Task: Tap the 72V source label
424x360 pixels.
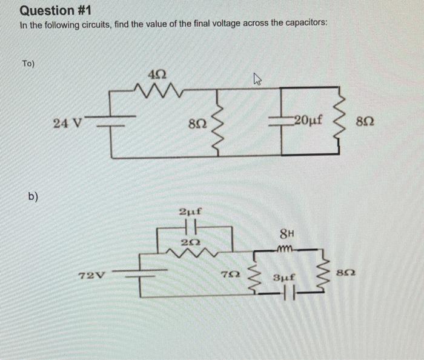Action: pos(92,275)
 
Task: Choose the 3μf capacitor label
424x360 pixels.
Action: pos(283,278)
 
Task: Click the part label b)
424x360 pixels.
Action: pos(32,196)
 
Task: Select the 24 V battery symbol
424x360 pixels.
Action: pos(110,122)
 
